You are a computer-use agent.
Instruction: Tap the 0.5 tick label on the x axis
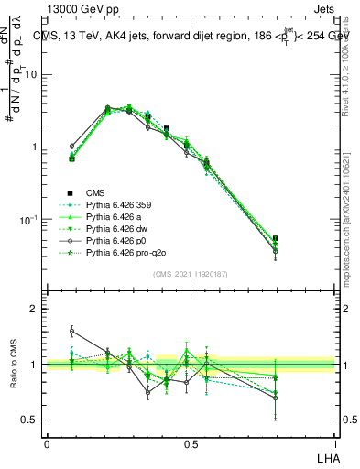coord(190,444)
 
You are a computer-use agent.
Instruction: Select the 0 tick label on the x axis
coord(47,444)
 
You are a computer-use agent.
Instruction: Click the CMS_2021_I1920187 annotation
coord(190,273)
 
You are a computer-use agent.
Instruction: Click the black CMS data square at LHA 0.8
coord(276,238)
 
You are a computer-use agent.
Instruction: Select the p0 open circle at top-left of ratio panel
coord(72,332)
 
